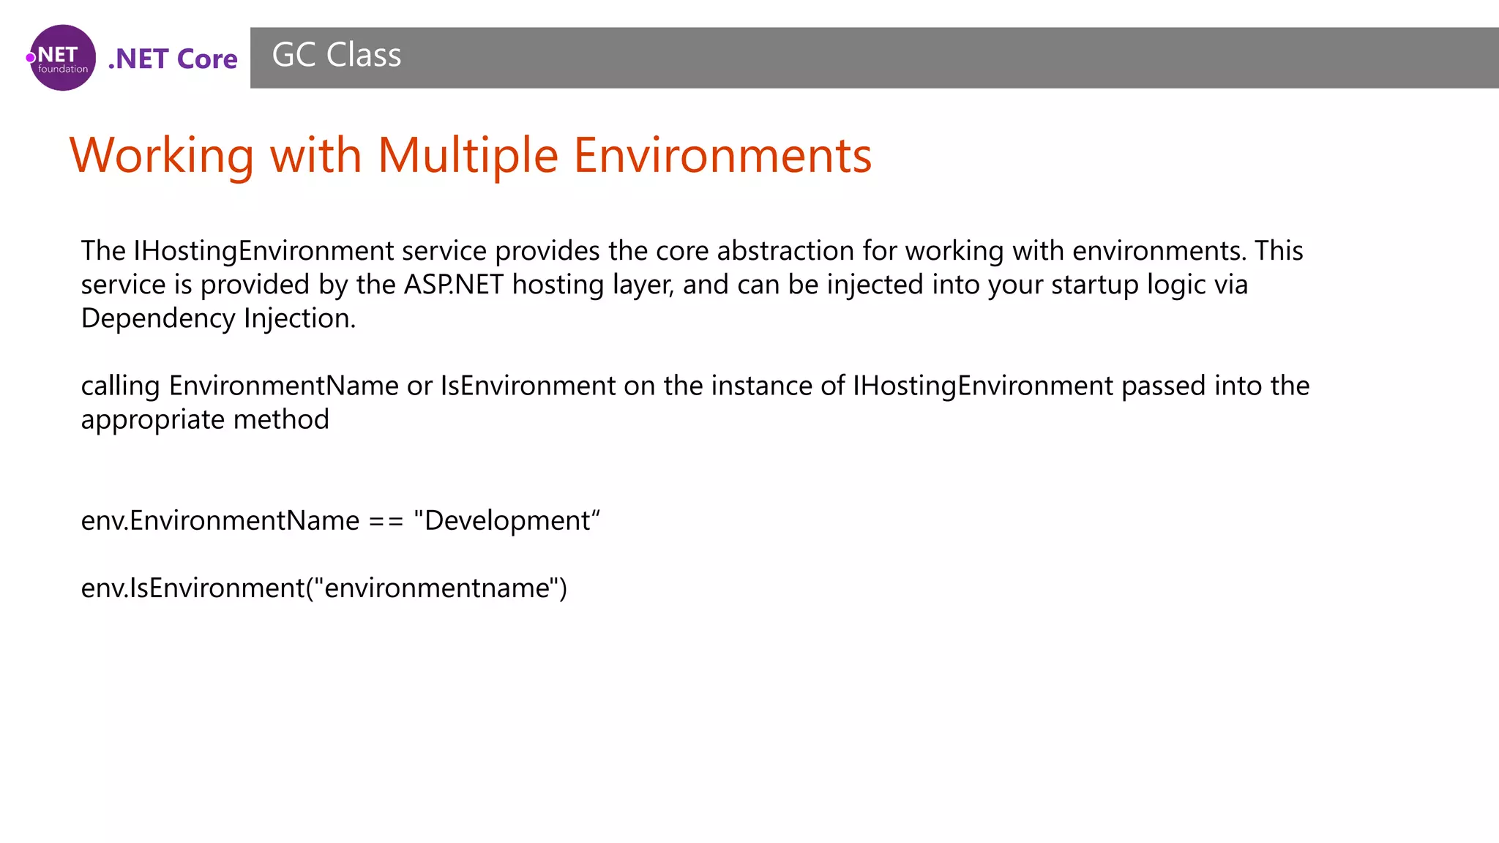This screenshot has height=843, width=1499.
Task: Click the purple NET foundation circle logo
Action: pyautogui.click(x=62, y=58)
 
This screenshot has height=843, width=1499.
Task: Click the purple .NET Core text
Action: pyautogui.click(x=173, y=59)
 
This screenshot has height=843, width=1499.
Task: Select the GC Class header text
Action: pyautogui.click(x=336, y=56)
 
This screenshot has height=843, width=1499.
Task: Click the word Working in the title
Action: pyautogui.click(x=162, y=156)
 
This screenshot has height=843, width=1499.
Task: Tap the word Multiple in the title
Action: pyautogui.click(x=468, y=156)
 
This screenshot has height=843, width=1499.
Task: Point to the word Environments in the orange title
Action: pyautogui.click(x=722, y=156)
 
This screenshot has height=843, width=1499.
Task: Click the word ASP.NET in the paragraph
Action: pyautogui.click(x=454, y=285)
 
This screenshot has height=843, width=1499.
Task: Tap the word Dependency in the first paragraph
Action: pyautogui.click(x=158, y=318)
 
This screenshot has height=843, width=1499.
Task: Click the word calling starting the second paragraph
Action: pyautogui.click(x=120, y=386)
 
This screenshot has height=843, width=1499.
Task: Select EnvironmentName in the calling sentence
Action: pyautogui.click(x=283, y=386)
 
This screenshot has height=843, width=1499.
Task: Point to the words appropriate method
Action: pyautogui.click(x=205, y=419)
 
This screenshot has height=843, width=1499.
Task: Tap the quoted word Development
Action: pyautogui.click(x=506, y=521)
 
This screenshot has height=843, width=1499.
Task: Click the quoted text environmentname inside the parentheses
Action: pyautogui.click(x=436, y=588)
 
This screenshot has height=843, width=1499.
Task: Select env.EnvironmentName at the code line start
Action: pyautogui.click(x=220, y=521)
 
